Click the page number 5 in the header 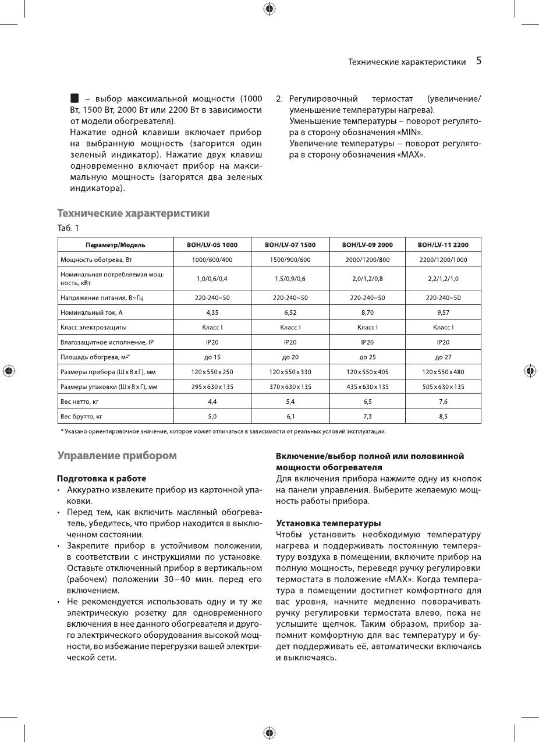tap(478, 61)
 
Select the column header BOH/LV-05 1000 tap(212, 245)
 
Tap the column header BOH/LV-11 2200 tap(443, 245)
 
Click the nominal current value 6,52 tap(290, 313)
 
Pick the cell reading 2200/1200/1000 tap(443, 260)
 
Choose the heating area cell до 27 tap(443, 357)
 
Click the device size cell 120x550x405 tap(367, 372)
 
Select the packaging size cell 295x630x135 tap(212, 387)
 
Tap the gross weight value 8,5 tap(443, 417)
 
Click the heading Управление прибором tap(116, 456)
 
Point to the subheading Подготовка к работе tap(101, 478)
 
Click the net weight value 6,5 tap(367, 402)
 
